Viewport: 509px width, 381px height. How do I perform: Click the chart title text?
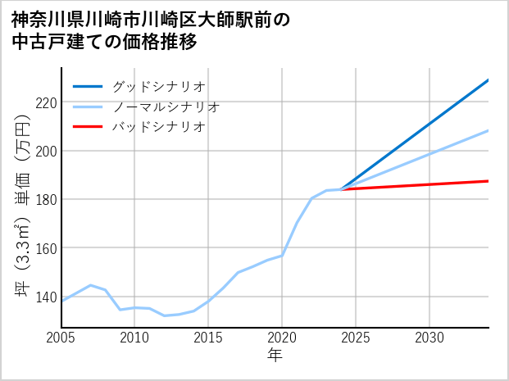tap(151, 30)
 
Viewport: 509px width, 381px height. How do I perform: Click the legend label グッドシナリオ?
tap(158, 86)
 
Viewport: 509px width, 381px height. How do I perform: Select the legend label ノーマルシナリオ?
tap(166, 107)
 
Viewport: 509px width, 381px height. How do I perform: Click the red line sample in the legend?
tap(89, 127)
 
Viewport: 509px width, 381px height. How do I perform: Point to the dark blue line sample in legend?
tap(89, 86)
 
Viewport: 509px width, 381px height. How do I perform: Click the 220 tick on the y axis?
tap(45, 102)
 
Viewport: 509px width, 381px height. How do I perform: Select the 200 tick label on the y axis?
tap(45, 151)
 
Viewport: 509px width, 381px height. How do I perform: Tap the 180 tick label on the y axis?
tap(45, 199)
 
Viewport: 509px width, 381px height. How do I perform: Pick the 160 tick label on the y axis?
tap(45, 248)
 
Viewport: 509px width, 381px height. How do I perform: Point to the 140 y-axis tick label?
tap(45, 297)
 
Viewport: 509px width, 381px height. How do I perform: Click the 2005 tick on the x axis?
tap(61, 338)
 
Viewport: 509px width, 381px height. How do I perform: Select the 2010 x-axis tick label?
tap(134, 338)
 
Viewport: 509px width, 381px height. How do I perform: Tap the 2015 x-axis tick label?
tap(208, 338)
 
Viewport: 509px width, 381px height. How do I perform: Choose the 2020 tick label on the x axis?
tap(282, 338)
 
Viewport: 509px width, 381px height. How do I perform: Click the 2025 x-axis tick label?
tap(356, 338)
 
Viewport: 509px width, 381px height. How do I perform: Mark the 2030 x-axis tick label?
tap(429, 338)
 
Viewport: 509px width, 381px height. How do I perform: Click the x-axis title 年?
tap(275, 355)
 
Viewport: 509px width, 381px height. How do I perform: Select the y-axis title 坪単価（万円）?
tap(24, 205)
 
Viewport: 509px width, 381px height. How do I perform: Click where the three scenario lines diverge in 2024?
tap(342, 189)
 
